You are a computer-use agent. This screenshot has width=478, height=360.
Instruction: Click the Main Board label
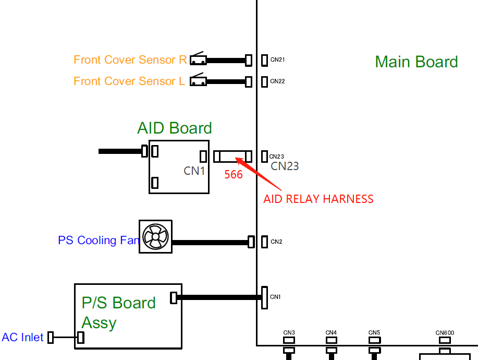click(x=416, y=62)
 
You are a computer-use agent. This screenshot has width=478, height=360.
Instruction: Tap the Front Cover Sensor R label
click(x=130, y=60)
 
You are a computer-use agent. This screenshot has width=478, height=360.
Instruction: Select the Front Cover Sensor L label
click(x=129, y=81)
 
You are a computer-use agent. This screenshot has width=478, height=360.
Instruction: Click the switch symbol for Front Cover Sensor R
click(x=198, y=59)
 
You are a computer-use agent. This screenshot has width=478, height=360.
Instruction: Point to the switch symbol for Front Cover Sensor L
click(x=198, y=81)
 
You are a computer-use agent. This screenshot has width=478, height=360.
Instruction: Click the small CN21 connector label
click(x=277, y=60)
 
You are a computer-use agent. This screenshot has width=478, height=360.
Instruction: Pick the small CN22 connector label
click(x=277, y=81)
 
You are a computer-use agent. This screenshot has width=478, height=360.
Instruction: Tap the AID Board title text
click(x=175, y=128)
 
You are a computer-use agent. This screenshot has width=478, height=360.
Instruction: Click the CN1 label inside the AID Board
click(x=194, y=171)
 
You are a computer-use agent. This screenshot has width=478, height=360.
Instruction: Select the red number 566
click(x=234, y=175)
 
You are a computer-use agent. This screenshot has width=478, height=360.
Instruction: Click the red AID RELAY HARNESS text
click(x=318, y=199)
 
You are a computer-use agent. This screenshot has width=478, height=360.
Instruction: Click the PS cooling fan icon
click(x=155, y=237)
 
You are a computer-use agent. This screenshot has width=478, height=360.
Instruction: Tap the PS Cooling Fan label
click(x=99, y=241)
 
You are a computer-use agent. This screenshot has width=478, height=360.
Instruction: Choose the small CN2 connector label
click(x=276, y=242)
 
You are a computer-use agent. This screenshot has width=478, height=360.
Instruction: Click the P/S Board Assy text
click(x=118, y=313)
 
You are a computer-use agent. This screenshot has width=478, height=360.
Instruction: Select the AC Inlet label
click(x=22, y=338)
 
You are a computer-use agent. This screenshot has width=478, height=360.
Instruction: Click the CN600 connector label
click(x=445, y=333)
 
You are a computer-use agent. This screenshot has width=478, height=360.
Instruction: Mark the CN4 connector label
click(x=331, y=333)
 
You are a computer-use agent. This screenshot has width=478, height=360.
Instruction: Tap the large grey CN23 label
click(x=285, y=166)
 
